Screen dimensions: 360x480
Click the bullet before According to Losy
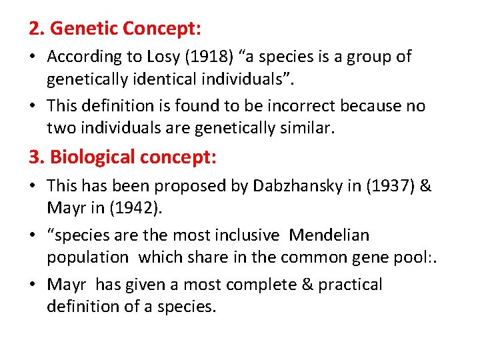coord(33,57)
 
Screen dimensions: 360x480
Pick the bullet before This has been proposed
coord(33,187)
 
